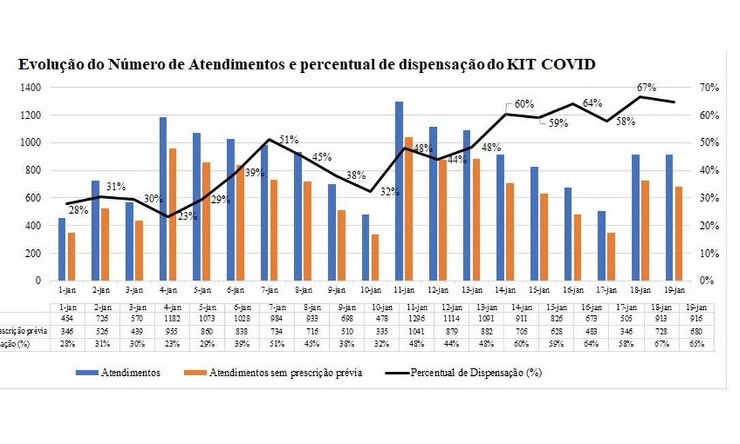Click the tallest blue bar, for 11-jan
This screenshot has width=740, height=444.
[399, 191]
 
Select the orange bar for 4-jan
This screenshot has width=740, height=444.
[173, 215]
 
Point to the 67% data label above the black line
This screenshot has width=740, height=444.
[647, 87]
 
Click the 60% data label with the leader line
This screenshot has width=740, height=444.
[524, 104]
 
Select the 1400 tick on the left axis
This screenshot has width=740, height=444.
[31, 87]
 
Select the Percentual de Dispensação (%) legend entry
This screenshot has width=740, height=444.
[463, 372]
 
